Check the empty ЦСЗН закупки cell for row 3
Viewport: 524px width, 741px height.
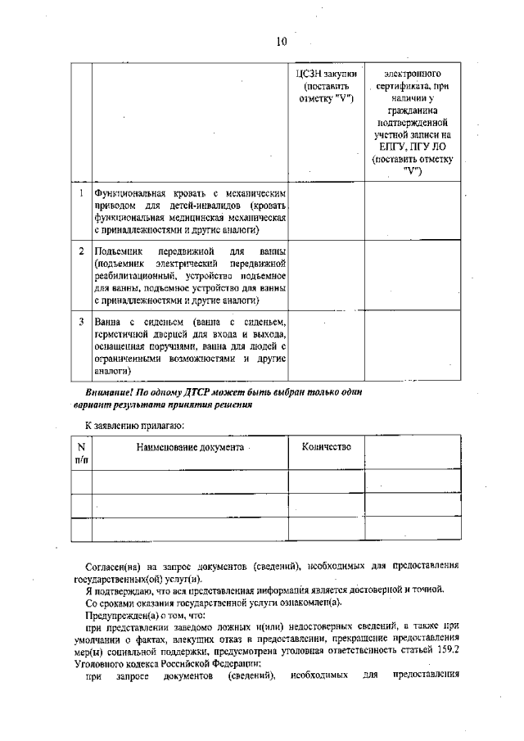click(326, 347)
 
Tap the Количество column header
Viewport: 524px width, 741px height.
click(326, 446)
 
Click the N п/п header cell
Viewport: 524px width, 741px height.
click(81, 454)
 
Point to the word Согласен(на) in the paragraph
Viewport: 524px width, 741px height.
click(121, 567)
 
